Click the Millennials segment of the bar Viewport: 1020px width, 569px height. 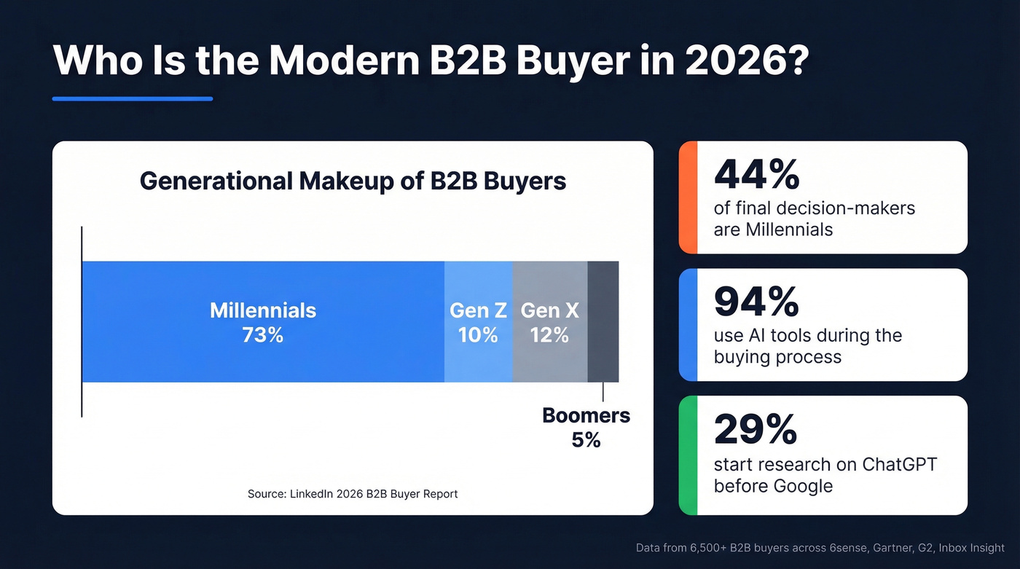click(x=262, y=284)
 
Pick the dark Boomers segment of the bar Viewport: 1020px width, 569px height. click(x=603, y=321)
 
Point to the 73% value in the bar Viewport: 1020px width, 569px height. click(x=263, y=335)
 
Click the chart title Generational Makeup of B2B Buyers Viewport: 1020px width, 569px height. click(x=353, y=181)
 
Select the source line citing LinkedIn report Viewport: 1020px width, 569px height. click(x=353, y=494)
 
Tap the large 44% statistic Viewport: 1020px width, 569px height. click(x=756, y=175)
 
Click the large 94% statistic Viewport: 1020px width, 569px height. click(x=756, y=302)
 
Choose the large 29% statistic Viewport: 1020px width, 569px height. click(x=756, y=430)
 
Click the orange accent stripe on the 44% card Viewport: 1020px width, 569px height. click(x=688, y=197)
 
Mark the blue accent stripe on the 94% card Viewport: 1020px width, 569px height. click(x=688, y=325)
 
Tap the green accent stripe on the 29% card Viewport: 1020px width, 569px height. click(x=688, y=455)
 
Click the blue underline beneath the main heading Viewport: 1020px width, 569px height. click(x=133, y=98)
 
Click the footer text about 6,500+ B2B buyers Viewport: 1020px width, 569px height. click(x=820, y=548)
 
